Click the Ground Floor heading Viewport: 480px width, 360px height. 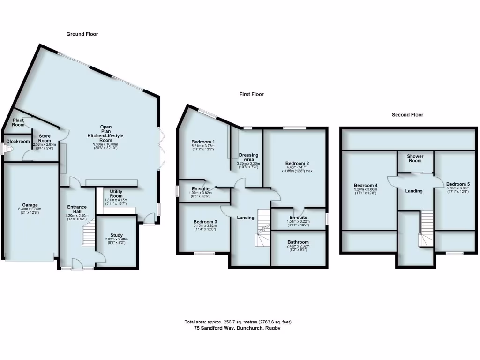[82, 34]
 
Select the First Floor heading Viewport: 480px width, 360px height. [251, 94]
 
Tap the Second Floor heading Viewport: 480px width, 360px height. [407, 114]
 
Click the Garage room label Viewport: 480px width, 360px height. [28, 205]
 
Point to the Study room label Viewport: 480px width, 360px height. [116, 235]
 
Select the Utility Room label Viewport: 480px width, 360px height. [116, 194]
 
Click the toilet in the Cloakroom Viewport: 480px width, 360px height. [8, 149]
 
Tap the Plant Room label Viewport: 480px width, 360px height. [18, 122]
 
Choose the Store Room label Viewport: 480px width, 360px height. [44, 138]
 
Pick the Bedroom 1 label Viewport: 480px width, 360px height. [203, 142]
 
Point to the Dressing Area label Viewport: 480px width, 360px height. [248, 157]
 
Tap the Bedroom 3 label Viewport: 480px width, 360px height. [203, 222]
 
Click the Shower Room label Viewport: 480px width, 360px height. [415, 158]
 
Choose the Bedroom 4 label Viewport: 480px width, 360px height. [367, 185]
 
